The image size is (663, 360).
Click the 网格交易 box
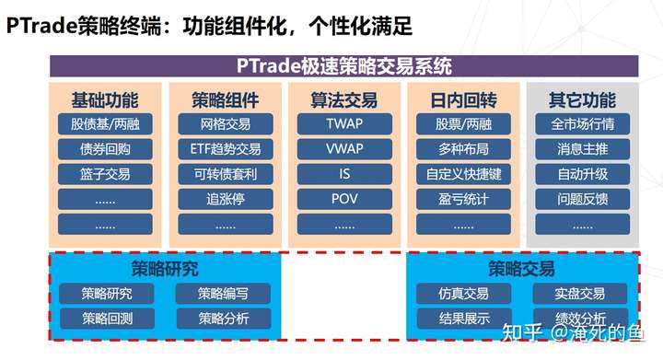225,124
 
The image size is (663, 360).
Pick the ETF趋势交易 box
225,149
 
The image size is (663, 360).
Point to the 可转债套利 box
225,174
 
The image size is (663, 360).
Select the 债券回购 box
104,149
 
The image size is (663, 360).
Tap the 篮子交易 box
104,174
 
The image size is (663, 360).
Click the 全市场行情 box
582,124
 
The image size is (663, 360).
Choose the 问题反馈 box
582,199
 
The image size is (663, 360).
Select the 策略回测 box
107,319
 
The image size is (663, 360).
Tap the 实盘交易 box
580,294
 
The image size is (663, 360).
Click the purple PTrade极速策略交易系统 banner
344,66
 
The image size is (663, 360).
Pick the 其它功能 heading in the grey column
582,100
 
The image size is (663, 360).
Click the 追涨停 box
225,199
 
